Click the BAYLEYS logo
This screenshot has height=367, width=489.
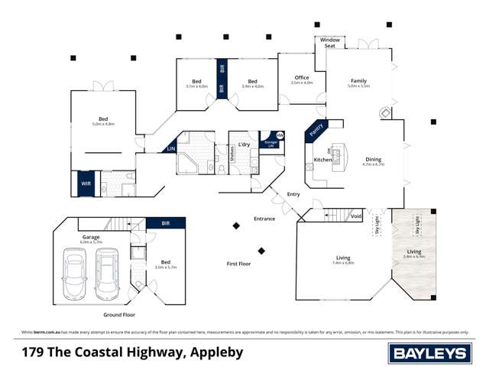tap(429, 352)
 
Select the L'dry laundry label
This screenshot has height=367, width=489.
tap(244, 145)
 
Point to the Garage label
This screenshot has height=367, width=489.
tap(92, 238)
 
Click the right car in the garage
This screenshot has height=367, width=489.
tap(108, 275)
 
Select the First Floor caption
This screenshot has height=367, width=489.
tap(238, 263)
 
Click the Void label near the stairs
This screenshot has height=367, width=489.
tap(355, 216)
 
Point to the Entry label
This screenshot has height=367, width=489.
tap(293, 194)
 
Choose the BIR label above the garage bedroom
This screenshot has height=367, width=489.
tap(167, 223)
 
